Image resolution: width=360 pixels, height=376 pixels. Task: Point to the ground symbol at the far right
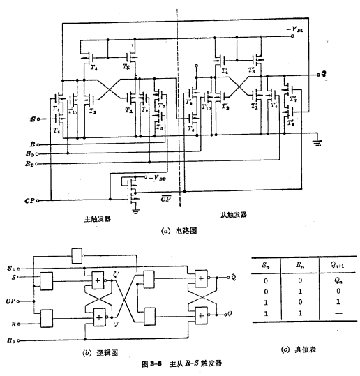[317, 143]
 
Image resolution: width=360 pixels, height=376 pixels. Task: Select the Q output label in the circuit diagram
[324, 74]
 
